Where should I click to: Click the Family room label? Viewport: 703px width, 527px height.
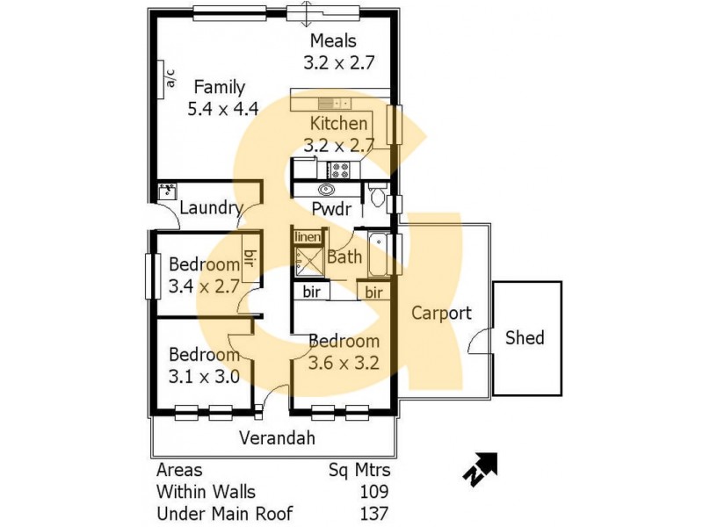[219, 87]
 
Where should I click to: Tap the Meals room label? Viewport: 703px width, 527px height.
[332, 41]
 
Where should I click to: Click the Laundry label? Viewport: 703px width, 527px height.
[210, 208]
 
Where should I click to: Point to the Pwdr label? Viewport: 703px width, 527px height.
[331, 209]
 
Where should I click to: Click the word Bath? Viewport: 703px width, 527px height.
[343, 257]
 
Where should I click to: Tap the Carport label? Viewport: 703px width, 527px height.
[441, 313]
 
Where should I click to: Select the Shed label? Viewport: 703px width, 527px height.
[525, 337]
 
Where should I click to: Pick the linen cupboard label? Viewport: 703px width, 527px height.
[306, 237]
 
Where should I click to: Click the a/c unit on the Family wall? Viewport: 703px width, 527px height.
[170, 77]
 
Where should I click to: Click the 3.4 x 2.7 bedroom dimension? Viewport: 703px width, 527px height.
[204, 285]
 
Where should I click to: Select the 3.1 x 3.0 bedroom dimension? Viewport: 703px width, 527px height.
[204, 377]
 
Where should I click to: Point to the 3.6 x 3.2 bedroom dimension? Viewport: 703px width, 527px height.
[343, 362]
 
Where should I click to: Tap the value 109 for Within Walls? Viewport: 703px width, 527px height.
[374, 491]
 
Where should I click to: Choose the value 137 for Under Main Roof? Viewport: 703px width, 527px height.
[374, 513]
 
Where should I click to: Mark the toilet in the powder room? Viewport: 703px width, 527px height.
[377, 195]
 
